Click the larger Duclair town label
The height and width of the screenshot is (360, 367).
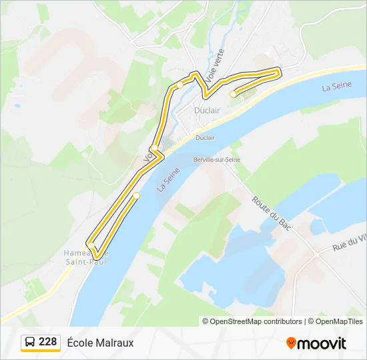pos(206,110)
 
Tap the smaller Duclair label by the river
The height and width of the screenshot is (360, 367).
pos(206,137)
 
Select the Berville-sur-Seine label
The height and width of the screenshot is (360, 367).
pos(216,160)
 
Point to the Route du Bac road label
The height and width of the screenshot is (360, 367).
pos(269,213)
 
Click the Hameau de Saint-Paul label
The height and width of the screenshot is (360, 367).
pos(85,257)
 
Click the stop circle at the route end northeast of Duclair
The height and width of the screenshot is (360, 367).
pos(233,95)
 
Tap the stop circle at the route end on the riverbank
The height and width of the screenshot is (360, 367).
pos(136,195)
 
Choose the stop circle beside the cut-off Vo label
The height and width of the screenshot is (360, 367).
pos(154,148)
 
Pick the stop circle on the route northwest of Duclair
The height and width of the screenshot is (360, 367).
pos(179,85)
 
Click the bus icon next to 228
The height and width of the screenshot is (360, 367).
pos(31,343)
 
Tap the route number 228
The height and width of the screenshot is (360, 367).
pos(47,342)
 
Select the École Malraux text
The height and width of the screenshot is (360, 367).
pos(101,343)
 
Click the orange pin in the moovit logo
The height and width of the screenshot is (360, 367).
pos(291,343)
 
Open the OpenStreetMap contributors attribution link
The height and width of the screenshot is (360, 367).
pos(252,321)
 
